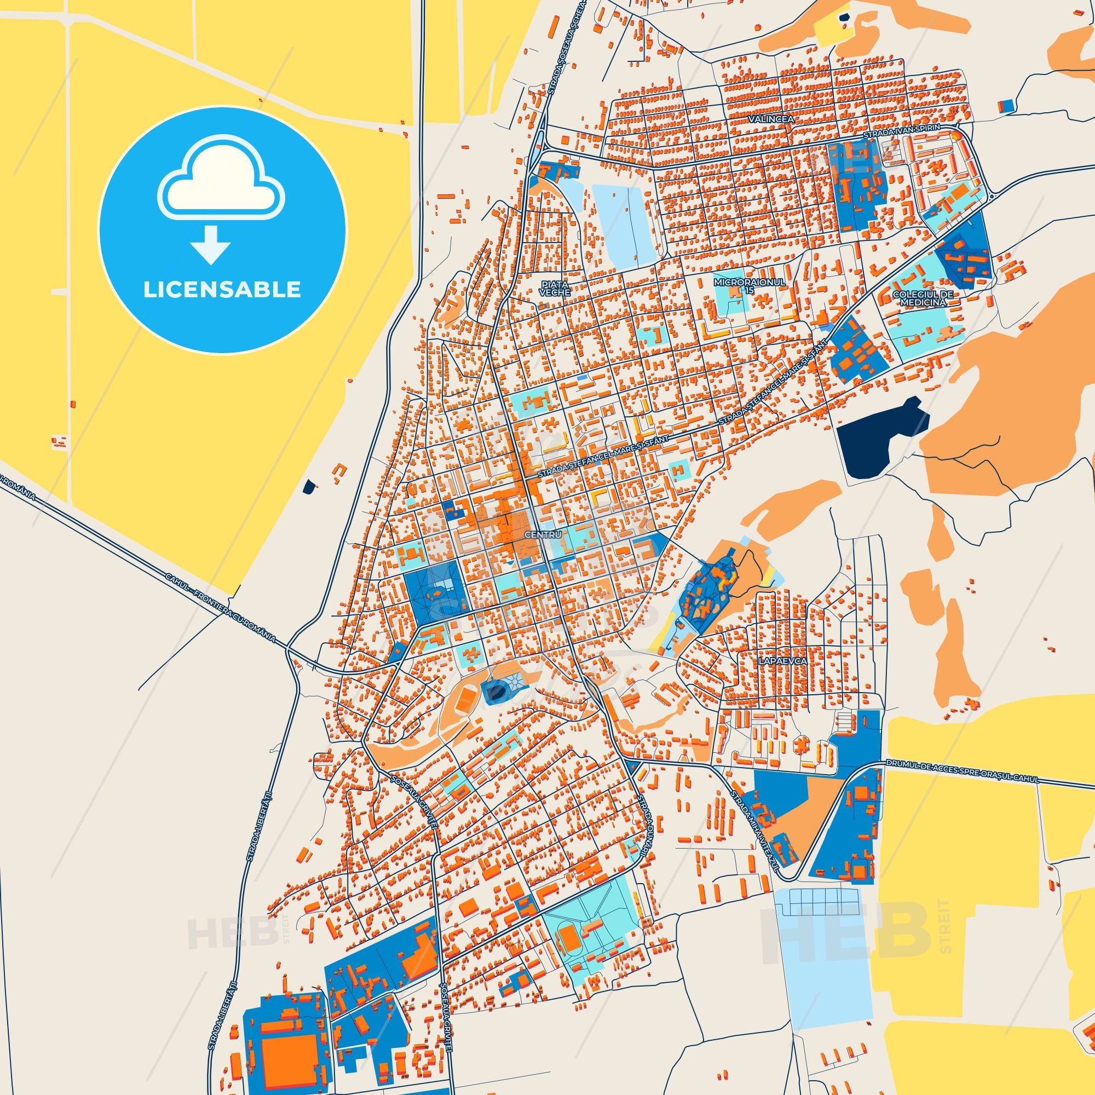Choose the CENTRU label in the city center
tap(543, 534)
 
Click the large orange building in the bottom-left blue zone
tap(291, 1053)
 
